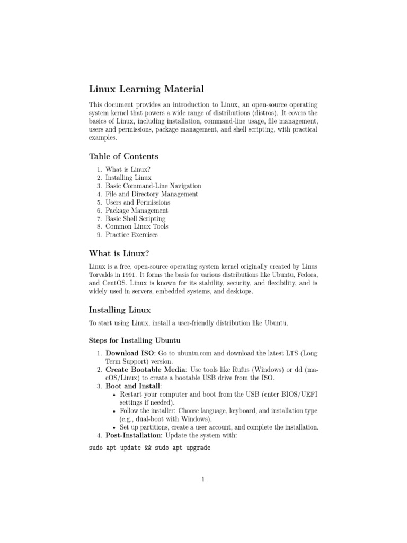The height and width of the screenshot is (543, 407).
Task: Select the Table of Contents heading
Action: [x=123, y=156]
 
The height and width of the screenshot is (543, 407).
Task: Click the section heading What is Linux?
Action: [x=122, y=253]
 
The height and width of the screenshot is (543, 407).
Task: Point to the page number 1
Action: [x=203, y=480]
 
